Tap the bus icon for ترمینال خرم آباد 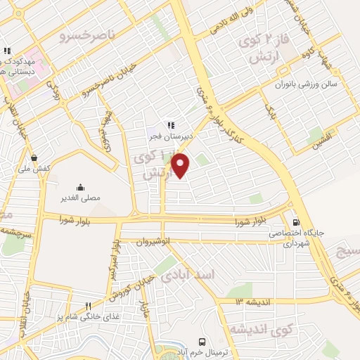coord(202,340)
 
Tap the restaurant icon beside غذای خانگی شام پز coord(88,306)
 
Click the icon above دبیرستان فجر coord(170,125)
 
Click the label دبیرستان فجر coord(165,135)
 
